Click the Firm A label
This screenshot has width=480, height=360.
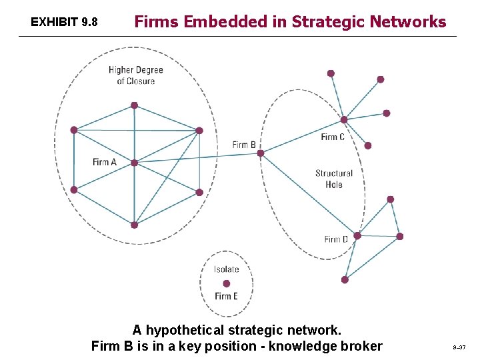105,162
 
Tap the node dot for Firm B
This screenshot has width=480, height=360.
261,153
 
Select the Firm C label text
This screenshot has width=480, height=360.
333,137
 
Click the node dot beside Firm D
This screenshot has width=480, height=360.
357,235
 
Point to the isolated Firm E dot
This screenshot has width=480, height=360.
227,283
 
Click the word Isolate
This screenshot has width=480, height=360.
227,269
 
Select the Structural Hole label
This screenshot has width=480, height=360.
334,179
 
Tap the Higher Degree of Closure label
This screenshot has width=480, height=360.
136,75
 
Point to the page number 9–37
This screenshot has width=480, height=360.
459,347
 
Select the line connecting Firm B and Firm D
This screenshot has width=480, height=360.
309,195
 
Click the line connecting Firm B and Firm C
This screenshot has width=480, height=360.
302,137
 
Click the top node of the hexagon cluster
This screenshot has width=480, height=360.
134,105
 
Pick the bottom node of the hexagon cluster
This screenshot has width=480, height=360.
134,225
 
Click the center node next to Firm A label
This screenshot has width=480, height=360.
134,163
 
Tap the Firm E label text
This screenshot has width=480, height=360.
227,296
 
